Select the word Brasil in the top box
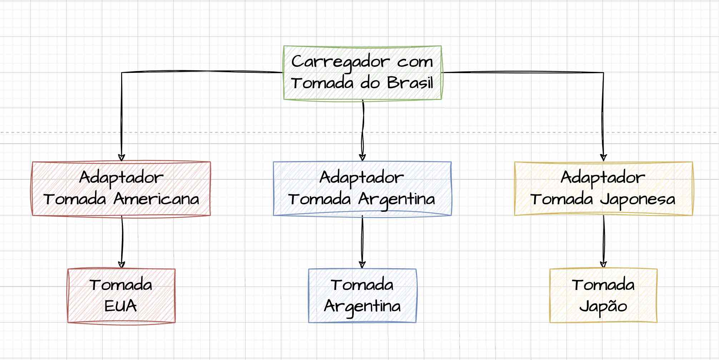coord(410,83)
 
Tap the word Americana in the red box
coord(156,199)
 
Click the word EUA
coord(121,306)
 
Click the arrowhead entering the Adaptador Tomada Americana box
coord(122,157)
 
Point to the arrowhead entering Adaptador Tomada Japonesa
coord(604,157)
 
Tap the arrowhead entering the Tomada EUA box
coord(122,265)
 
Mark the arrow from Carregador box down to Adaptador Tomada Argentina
coord(363,129)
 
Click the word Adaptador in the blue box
coord(362,177)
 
